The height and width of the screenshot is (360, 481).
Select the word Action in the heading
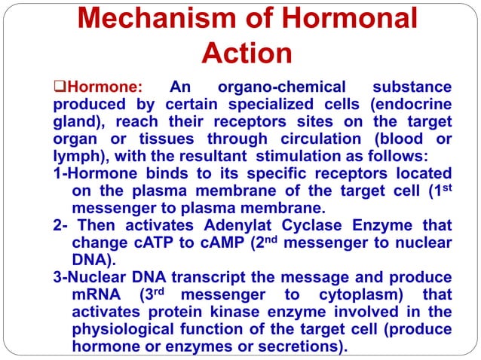247,53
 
